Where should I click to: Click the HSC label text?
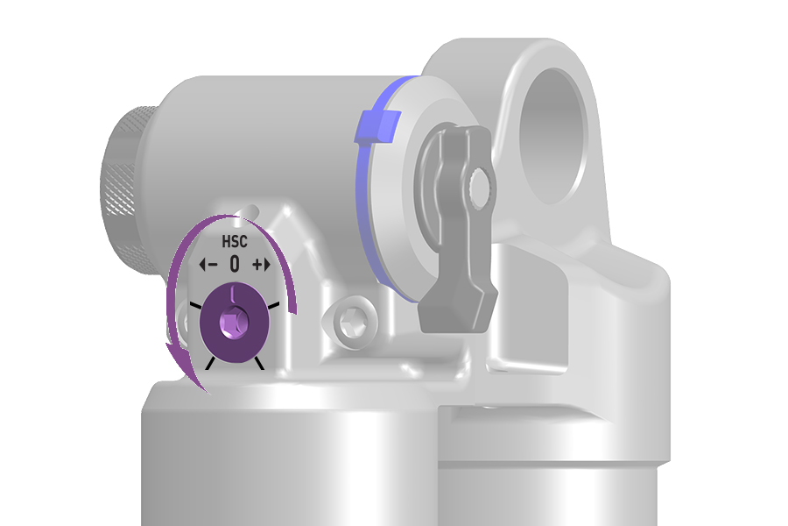(x=235, y=242)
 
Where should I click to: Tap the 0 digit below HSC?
(x=234, y=264)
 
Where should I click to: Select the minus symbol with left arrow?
(x=208, y=264)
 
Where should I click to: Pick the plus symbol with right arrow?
(x=261, y=264)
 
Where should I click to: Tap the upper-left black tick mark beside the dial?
(x=195, y=305)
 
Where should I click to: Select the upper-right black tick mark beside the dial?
(x=273, y=305)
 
